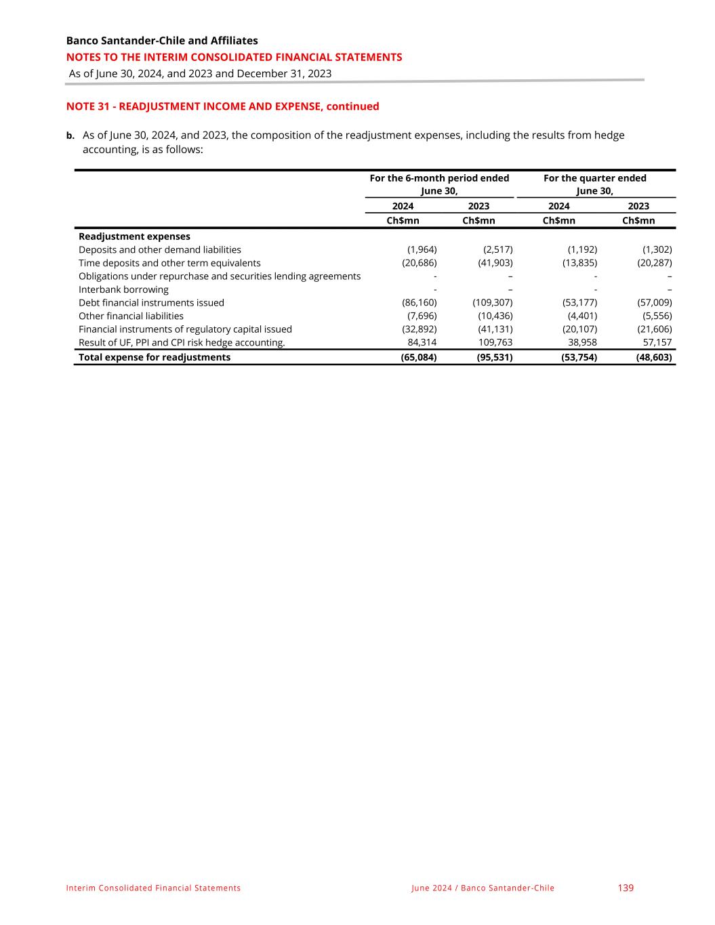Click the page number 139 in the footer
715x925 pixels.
click(626, 888)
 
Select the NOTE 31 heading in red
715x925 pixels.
click(222, 106)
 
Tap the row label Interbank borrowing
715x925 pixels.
click(123, 289)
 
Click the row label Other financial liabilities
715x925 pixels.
click(131, 316)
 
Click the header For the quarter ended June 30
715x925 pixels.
click(594, 184)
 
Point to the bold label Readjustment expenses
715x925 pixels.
click(134, 237)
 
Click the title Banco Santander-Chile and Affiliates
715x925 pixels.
click(162, 41)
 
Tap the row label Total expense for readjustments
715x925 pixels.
click(155, 357)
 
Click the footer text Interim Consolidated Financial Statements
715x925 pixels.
click(153, 888)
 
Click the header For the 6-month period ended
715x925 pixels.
click(439, 178)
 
